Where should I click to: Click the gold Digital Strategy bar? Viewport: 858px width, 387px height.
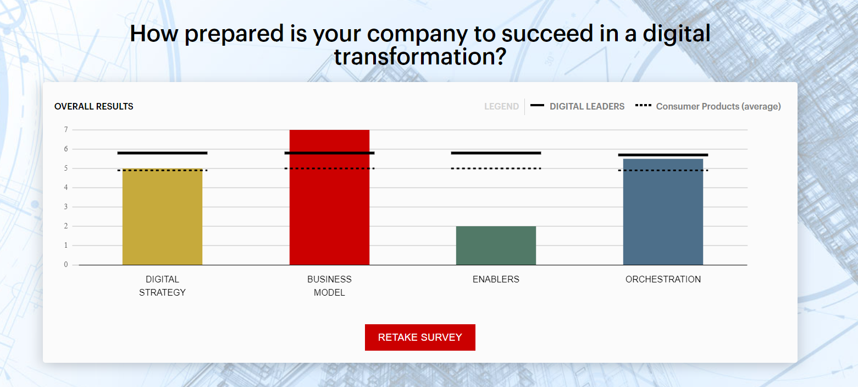click(x=162, y=217)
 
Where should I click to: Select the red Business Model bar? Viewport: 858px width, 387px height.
click(x=329, y=198)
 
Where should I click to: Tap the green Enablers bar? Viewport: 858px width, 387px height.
click(x=496, y=246)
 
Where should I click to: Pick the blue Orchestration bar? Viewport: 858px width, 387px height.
click(x=663, y=212)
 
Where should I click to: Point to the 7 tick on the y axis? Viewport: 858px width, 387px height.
click(x=66, y=130)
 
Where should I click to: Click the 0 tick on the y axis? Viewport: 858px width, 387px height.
click(x=66, y=265)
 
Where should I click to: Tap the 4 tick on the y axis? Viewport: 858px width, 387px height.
click(x=66, y=188)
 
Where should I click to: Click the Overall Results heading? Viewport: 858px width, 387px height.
click(x=94, y=106)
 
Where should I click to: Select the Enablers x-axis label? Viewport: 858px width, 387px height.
click(x=496, y=279)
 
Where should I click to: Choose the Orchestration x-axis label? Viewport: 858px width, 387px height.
click(x=663, y=279)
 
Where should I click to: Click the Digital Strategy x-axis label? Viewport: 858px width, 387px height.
click(x=162, y=286)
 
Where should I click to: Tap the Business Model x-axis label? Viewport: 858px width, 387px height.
click(x=329, y=286)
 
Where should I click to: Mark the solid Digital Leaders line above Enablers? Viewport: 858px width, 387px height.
click(x=496, y=152)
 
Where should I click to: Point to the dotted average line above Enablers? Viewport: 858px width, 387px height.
click(x=496, y=168)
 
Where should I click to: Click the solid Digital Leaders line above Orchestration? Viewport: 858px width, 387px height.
click(x=663, y=155)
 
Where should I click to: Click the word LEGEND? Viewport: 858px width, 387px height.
click(x=501, y=106)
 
